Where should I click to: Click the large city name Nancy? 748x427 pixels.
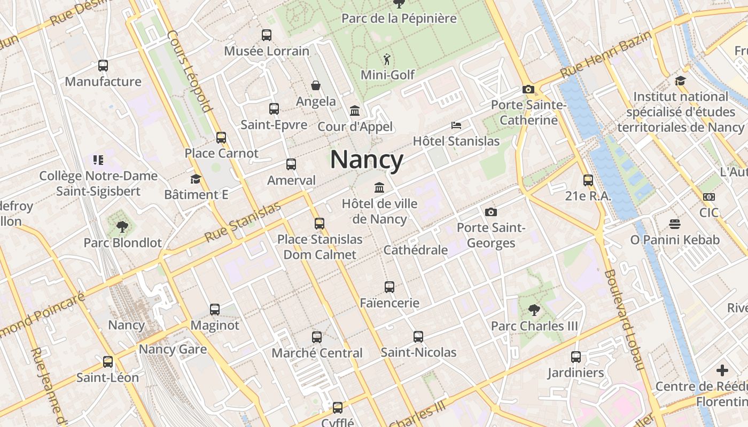367,160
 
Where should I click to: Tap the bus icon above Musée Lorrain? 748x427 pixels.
267,35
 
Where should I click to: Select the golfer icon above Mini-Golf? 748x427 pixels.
387,59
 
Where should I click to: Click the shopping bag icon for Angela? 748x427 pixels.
316,85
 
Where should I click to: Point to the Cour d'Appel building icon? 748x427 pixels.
355,111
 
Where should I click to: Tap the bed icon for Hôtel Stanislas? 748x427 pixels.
456,125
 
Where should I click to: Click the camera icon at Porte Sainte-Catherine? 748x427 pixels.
528,89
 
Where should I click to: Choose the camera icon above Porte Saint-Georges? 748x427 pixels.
491,212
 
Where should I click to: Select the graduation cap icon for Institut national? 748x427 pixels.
680,81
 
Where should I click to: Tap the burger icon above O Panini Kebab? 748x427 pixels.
675,224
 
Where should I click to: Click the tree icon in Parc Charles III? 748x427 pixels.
534,310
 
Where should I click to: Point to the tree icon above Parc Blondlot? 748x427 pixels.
122,227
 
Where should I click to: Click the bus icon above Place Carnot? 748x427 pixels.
221,138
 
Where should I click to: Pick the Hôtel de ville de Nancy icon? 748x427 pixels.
379,187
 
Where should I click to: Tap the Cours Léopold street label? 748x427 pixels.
190,72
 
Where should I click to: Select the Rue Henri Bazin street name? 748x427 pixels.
606,55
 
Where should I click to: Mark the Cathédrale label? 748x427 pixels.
416,250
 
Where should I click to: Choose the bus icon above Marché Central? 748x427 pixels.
317,337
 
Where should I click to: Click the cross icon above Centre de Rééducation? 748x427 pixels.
722,370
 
